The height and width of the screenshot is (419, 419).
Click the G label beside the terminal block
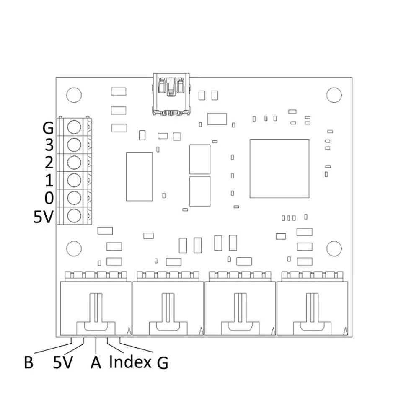[48, 127]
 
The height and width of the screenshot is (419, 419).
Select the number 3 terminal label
[49, 145]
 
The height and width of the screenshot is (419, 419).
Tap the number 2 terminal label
[49, 163]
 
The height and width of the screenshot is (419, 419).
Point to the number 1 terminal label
[49, 181]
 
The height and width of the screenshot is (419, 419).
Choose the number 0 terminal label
[49, 199]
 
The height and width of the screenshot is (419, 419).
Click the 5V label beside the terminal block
[43, 217]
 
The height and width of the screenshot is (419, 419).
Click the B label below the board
[28, 362]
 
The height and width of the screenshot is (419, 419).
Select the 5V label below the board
[63, 362]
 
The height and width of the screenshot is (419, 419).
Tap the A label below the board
[96, 362]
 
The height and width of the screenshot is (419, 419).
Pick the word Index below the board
[130, 362]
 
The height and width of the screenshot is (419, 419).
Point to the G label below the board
[162, 363]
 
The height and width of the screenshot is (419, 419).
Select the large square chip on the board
[279, 168]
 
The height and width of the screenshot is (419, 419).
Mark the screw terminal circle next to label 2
[74, 163]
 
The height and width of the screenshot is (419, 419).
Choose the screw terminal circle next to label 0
[74, 198]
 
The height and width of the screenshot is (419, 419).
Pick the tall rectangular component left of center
[139, 176]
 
